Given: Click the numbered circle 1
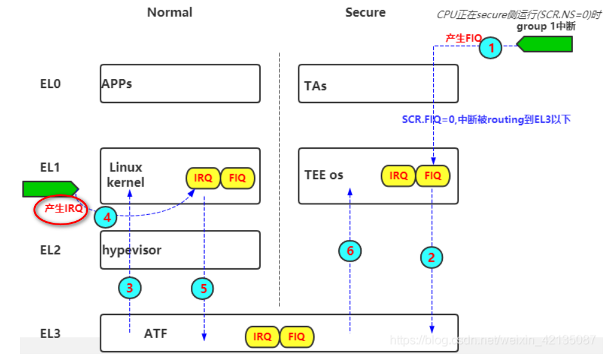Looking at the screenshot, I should coord(492,47).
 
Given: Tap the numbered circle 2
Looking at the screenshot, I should coord(431,257).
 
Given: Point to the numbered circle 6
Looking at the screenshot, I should coord(350,250).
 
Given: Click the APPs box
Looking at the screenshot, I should coord(180,84).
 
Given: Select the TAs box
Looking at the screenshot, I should coord(378,84).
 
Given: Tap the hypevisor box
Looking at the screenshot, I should coord(180,250).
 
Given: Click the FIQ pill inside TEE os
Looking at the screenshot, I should coord(433,176).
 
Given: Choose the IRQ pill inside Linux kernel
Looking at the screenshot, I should coord(202,178).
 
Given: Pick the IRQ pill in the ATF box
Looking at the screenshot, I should coord(262,336).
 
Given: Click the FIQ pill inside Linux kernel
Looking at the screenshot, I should coord(238,178).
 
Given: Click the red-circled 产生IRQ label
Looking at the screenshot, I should coord(63,208).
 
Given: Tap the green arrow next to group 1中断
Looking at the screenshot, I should coord(545,44).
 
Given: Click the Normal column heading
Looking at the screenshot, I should coord(169,12).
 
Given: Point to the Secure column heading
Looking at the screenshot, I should coord(365,12).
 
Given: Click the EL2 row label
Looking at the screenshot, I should coord(50,250).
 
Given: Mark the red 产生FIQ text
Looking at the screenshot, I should coord(463,38).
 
